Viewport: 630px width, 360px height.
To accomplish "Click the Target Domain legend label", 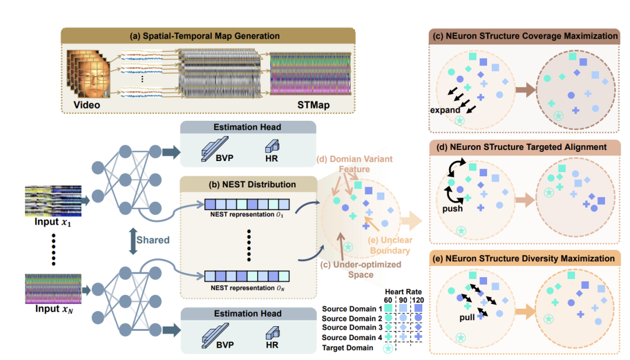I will click(348, 347).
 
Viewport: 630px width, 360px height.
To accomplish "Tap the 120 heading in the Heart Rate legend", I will click(417, 299).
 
